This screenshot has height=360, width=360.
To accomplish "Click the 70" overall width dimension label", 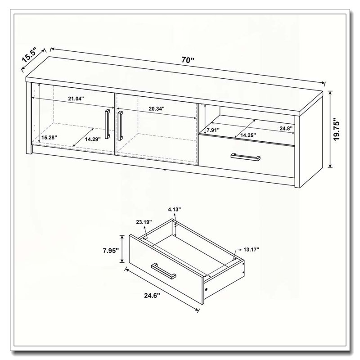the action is [188, 60].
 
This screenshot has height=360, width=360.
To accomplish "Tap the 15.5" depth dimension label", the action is [29, 55].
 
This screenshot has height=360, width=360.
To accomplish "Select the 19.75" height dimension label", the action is [337, 130].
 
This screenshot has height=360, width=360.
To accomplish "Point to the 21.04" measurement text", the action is [76, 99].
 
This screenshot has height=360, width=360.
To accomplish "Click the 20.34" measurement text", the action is [157, 109].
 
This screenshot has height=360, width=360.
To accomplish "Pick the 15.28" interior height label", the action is [49, 138].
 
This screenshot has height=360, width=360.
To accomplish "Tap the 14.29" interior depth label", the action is [93, 139].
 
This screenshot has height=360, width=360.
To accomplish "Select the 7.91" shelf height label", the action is [213, 130].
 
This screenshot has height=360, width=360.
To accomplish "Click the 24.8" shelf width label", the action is [286, 128].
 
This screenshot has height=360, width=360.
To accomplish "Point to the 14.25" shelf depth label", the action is [248, 135].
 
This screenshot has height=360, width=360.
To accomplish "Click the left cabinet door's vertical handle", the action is [107, 124].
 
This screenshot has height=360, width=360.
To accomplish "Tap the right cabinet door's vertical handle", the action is [120, 126].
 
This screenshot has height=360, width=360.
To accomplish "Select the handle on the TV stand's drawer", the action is [245, 157].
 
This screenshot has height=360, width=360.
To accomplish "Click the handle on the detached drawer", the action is [163, 271].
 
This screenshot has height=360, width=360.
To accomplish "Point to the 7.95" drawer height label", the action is [111, 251].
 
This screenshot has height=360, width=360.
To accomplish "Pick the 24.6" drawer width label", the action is [152, 296].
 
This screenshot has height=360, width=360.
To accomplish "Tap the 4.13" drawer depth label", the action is [175, 209].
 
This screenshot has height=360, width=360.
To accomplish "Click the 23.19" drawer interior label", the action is [144, 222].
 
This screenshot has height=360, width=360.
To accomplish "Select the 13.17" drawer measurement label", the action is [251, 249].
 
